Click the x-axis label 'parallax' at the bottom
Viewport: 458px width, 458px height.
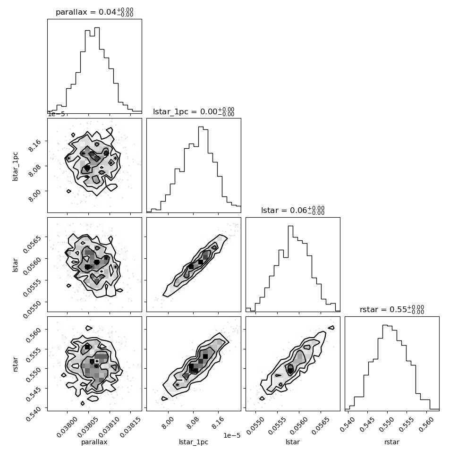coord(94,442)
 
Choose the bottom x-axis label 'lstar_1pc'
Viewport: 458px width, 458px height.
coord(194,442)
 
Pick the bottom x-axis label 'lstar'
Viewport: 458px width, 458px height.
coord(293,442)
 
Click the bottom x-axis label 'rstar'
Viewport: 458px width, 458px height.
coord(392,442)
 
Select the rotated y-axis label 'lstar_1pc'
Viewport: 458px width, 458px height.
coord(15,167)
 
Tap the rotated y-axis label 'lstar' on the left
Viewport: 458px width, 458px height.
coord(15,265)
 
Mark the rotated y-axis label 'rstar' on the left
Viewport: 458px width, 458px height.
coord(15,364)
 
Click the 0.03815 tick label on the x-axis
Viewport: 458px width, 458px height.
coord(130,427)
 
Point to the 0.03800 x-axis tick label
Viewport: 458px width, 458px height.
coord(67,427)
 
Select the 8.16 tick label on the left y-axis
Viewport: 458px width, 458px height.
coord(34,145)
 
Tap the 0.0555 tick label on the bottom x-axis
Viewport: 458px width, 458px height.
coord(276,425)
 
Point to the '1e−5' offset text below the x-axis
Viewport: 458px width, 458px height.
coord(232,435)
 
